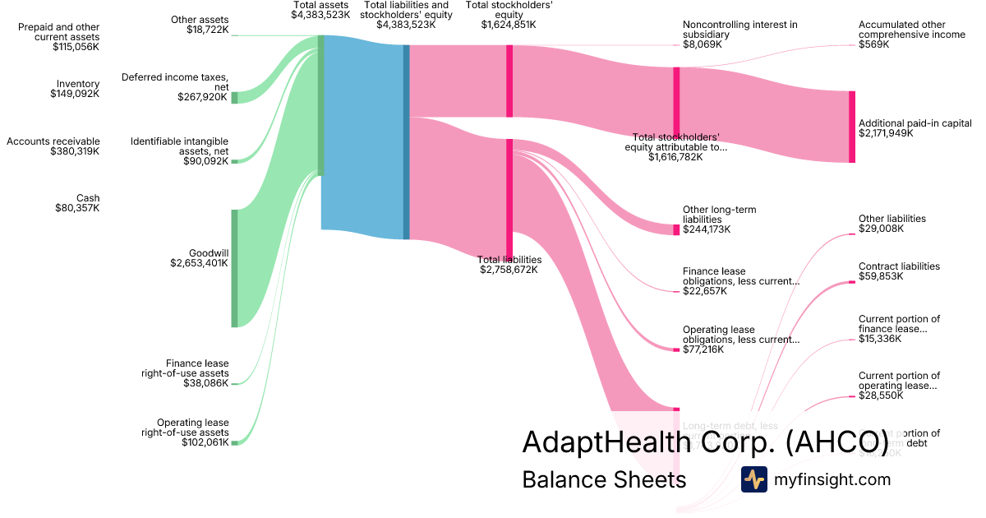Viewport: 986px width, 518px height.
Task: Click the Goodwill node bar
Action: [234, 268]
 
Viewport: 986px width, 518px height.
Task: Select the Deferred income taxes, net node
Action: [234, 97]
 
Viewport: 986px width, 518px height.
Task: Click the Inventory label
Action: [78, 84]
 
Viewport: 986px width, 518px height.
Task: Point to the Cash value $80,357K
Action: [76, 208]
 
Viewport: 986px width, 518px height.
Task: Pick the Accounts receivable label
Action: [53, 141]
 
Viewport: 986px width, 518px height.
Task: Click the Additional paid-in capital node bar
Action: [852, 127]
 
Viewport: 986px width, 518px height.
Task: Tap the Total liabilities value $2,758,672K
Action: [510, 270]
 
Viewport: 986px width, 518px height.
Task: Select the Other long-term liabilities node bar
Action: [676, 229]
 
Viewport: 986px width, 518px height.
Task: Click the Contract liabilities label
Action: [899, 266]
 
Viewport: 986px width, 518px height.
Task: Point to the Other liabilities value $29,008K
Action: [881, 229]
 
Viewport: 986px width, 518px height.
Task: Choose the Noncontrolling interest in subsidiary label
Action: [739, 30]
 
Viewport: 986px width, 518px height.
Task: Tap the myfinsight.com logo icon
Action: [753, 479]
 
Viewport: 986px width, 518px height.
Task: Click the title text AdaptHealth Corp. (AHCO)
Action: [705, 442]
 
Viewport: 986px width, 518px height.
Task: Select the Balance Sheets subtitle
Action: [604, 479]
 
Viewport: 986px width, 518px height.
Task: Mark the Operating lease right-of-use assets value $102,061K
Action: [205, 442]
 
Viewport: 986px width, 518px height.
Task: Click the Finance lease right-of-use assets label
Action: [185, 368]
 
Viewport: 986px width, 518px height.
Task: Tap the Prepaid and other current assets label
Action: [59, 32]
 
